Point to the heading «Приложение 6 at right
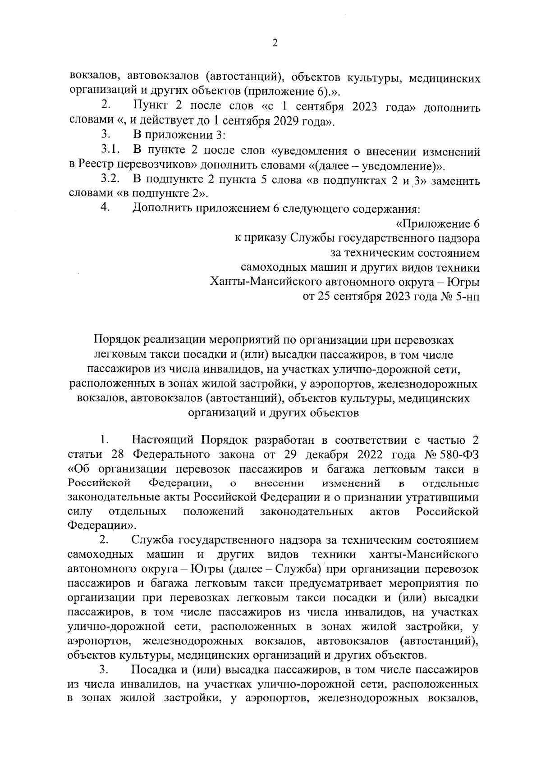(x=437, y=224)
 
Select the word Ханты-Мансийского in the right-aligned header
(x=264, y=282)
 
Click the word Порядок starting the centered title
(x=116, y=340)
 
